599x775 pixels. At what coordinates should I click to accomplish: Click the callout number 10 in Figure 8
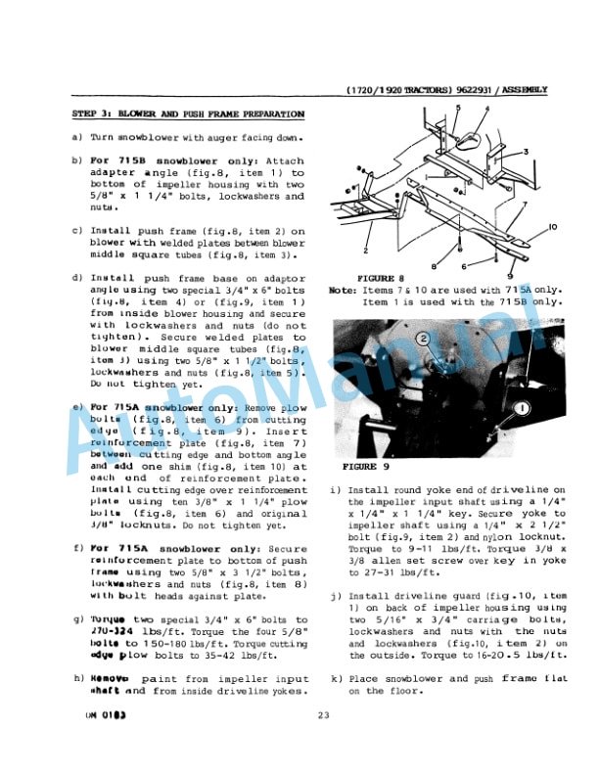coord(552,227)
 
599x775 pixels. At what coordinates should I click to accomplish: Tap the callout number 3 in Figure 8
coord(526,152)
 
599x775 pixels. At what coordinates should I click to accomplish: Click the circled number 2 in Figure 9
coord(423,340)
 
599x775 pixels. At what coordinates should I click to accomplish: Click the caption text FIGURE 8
coord(375,279)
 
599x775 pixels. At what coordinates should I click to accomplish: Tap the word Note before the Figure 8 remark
coord(342,291)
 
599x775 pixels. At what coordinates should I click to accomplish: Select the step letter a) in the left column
coord(77,138)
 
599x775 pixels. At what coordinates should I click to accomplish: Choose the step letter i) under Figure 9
coord(337,489)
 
